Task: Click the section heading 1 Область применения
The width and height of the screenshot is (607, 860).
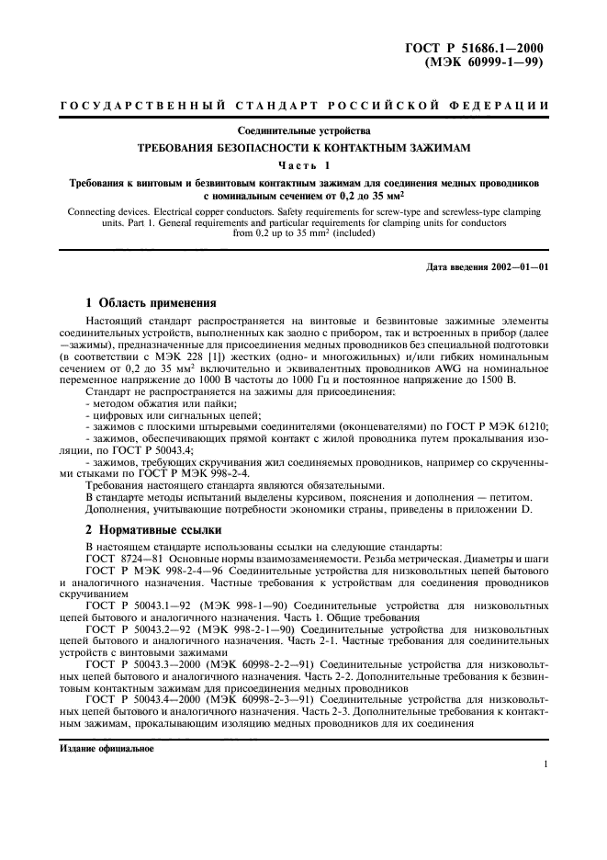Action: (150, 302)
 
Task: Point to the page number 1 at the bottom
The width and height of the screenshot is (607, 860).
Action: (545, 764)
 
